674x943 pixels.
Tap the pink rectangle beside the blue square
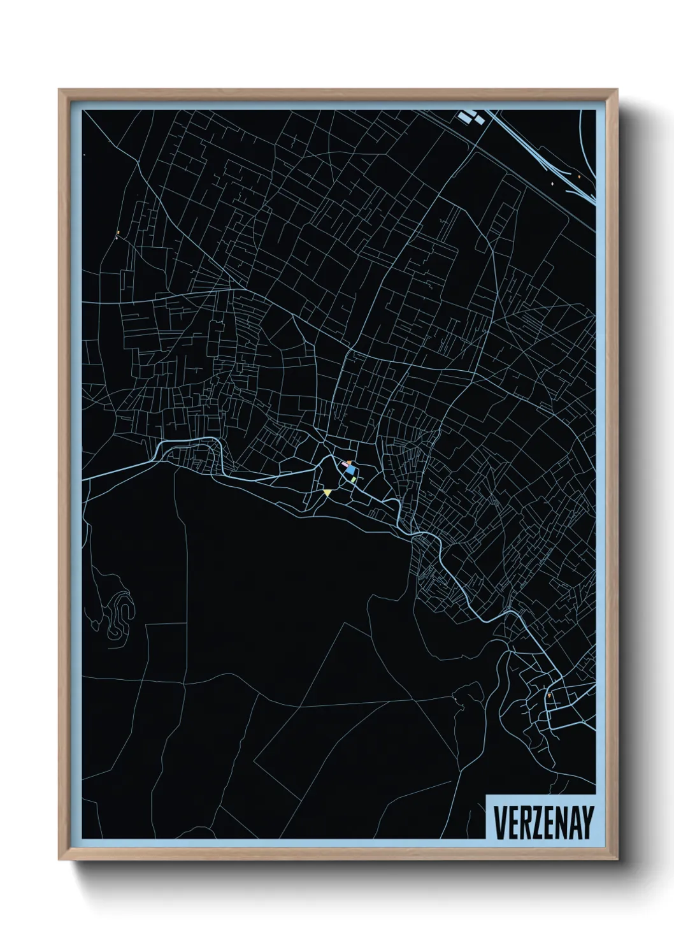click(345, 465)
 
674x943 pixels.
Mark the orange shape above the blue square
click(349, 463)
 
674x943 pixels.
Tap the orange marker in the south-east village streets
click(549, 695)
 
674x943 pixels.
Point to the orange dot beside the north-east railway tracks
click(578, 176)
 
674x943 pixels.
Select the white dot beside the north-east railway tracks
click(552, 184)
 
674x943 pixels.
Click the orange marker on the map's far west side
click(118, 231)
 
